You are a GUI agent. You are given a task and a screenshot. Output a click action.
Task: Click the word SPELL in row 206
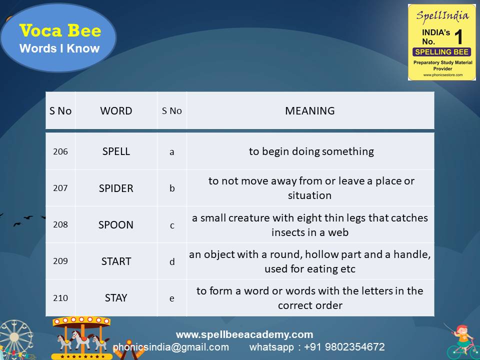116,151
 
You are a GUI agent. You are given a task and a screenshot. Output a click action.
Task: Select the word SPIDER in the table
116,188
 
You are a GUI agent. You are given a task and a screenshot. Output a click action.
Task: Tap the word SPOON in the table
116,224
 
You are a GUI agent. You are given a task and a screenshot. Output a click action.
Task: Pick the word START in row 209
116,261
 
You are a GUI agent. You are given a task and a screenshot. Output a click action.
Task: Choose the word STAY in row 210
116,297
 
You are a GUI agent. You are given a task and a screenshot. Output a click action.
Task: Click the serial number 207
60,188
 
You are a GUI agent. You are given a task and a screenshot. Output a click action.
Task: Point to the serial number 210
60,298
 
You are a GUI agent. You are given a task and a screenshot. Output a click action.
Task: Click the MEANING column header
309,111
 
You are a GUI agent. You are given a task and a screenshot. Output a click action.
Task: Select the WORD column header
116,111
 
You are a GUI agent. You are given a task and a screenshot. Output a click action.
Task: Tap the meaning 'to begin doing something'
311,151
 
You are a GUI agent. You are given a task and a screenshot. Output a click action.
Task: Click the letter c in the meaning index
172,225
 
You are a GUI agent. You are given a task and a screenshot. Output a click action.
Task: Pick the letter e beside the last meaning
172,298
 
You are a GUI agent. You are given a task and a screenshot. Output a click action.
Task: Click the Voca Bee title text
60,31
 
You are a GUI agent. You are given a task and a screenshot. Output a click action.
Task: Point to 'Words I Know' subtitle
59,48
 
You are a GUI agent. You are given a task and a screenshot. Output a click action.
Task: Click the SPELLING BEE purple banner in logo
441,52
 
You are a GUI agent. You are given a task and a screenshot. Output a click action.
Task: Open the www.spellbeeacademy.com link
244,334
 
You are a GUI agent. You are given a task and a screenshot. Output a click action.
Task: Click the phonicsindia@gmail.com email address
171,347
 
